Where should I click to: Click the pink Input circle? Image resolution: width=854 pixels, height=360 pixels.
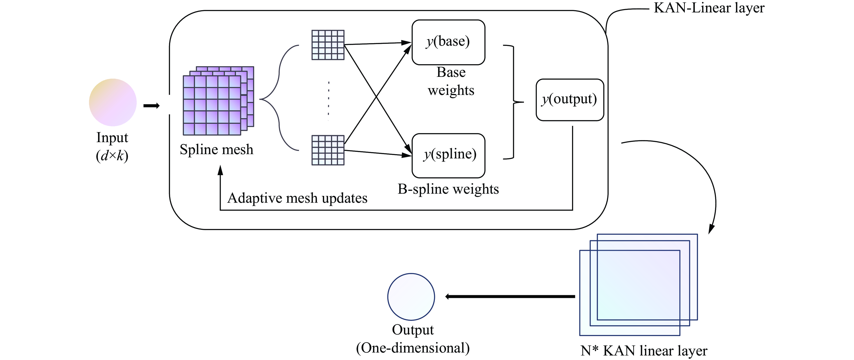[113, 102]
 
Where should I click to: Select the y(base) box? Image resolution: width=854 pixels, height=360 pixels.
[448, 42]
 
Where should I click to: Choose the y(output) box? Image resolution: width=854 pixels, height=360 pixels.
[570, 99]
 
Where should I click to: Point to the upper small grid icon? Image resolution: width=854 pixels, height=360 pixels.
[328, 45]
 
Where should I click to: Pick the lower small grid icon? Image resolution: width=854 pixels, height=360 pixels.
[328, 150]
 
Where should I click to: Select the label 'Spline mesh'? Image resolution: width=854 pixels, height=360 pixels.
[216, 150]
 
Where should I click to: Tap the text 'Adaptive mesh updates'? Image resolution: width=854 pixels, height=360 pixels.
[297, 198]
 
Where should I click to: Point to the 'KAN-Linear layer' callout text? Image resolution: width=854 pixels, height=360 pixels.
[709, 8]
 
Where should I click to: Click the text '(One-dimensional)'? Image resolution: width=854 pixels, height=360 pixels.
[413, 348]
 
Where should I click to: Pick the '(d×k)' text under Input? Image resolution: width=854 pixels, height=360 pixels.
[112, 155]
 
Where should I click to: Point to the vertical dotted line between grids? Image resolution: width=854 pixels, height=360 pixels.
[328, 99]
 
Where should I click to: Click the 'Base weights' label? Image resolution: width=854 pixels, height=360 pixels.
[451, 81]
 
